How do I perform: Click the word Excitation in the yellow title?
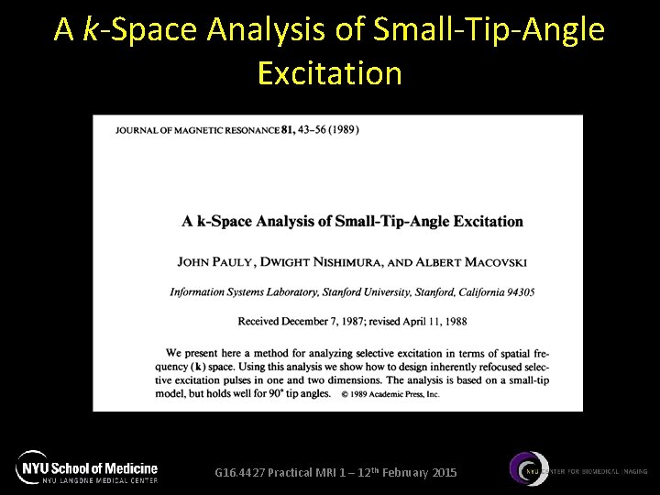click(x=330, y=72)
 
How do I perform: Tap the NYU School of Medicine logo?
click(x=88, y=468)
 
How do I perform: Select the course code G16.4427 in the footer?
click(x=240, y=472)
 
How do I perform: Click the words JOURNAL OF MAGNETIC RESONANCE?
click(x=198, y=130)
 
